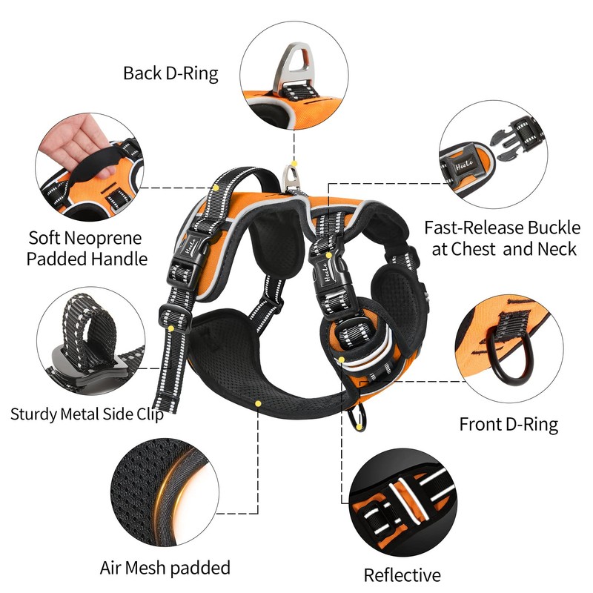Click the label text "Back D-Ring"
[170, 73]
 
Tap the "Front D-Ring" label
[508, 424]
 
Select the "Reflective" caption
[402, 574]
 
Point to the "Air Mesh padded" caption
[165, 569]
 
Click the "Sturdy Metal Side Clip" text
[87, 413]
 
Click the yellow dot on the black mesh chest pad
[257, 403]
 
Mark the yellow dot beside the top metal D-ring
[294, 162]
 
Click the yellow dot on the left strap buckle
[172, 327]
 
